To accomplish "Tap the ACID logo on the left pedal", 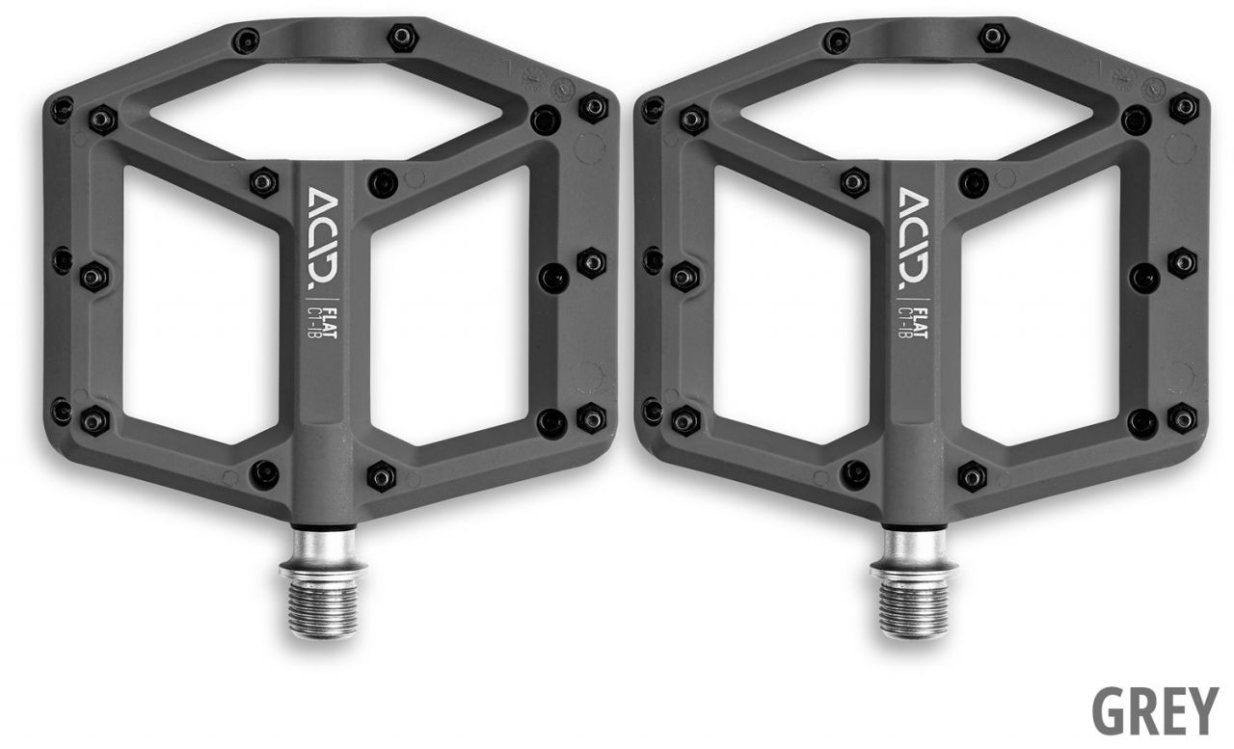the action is click(x=322, y=238).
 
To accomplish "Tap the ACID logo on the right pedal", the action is click(x=913, y=238).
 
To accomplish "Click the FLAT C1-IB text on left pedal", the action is click(x=322, y=318).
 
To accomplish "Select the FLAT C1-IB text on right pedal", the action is click(x=913, y=318).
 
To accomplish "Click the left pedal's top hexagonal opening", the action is click(x=326, y=110).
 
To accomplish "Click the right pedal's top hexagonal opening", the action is click(x=917, y=110).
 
